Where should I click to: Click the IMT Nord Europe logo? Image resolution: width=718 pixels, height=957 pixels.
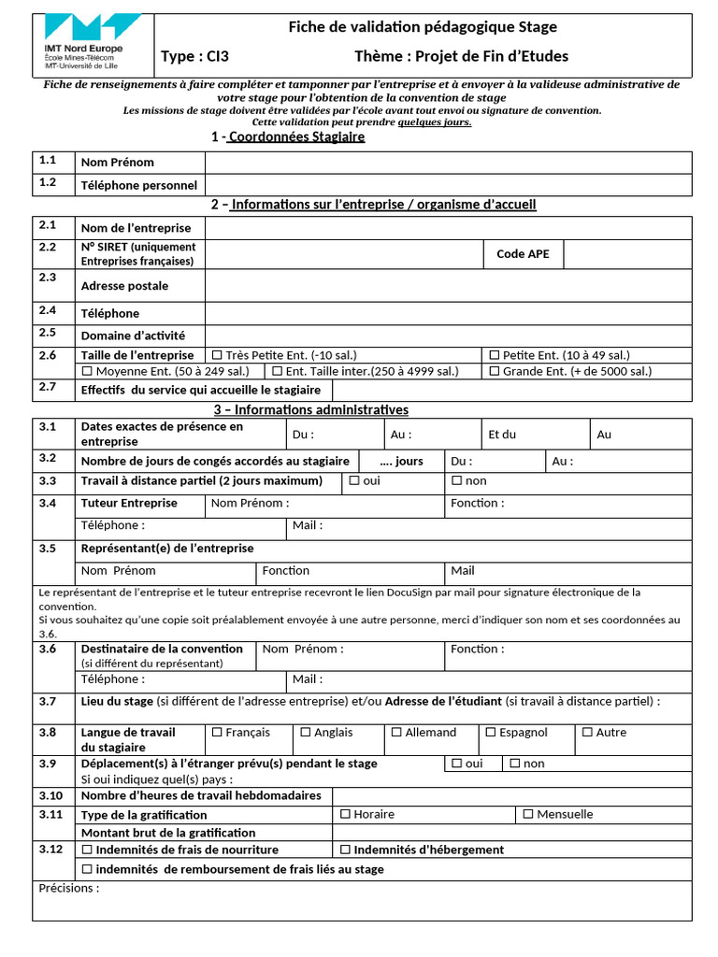pos(93,41)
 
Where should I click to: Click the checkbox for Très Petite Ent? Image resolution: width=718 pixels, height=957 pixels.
pos(217,355)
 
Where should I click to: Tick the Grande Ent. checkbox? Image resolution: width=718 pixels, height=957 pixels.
pos(495,371)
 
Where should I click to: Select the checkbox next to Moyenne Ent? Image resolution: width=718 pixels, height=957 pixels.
pos(87,371)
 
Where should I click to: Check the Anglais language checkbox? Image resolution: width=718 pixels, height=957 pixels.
pos(305,733)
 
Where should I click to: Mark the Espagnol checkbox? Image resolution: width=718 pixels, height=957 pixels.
pos(490,733)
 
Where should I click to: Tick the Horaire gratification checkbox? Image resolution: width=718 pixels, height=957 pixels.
pos(345,814)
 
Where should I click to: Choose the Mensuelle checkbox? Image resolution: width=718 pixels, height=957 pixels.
pos(528,814)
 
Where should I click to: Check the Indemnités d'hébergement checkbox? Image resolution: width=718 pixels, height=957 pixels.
pos(345,850)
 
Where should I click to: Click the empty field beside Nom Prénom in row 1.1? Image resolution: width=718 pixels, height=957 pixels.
pos(448,163)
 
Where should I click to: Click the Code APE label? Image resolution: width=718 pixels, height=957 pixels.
pos(523,253)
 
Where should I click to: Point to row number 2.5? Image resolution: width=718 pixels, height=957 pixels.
pos(48,333)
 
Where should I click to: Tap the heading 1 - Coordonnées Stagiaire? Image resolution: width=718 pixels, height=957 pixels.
pos(288,137)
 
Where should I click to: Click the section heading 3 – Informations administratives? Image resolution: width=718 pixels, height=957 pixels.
pos(311,410)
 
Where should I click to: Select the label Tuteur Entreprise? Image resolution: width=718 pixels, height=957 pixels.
pos(129,503)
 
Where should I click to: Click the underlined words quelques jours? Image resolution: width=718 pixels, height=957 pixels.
pos(435,121)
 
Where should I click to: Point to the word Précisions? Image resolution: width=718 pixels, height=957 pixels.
pos(68,888)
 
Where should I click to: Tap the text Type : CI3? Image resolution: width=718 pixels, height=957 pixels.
pos(194,57)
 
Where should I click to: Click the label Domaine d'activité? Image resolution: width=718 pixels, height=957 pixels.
pos(133,336)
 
